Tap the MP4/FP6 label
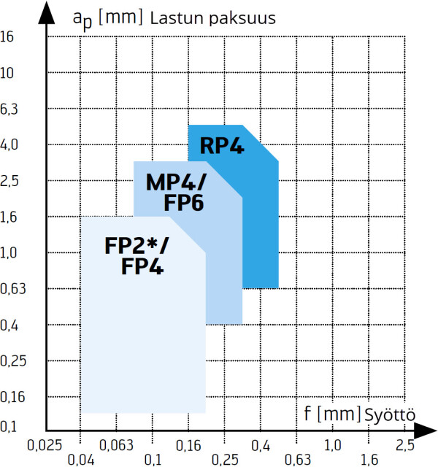point(174,190)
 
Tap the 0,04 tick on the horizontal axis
point(80,459)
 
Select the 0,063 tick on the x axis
point(117,444)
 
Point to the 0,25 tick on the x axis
point(225,459)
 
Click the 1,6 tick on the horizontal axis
point(369,459)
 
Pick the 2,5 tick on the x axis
point(405,444)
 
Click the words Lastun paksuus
point(212,18)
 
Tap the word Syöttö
point(390,415)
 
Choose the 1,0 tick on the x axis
point(333,444)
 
